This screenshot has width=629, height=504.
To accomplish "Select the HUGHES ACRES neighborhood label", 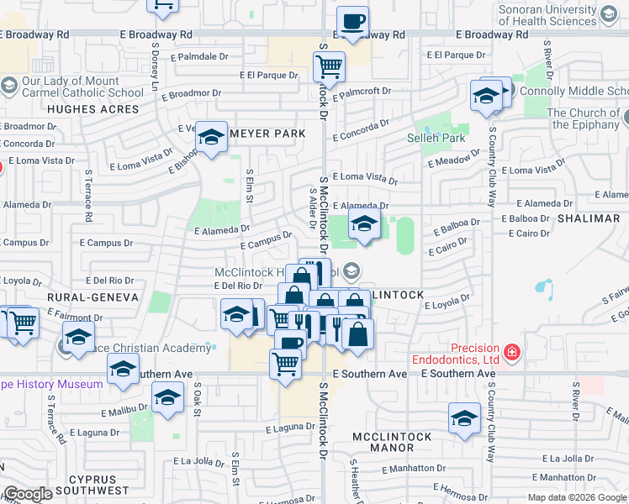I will point(93,109).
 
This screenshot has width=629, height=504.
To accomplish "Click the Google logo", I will point(28,494).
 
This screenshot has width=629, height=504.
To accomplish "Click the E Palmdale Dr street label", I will point(199,57).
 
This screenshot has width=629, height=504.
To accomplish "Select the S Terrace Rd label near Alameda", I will point(88,195).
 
